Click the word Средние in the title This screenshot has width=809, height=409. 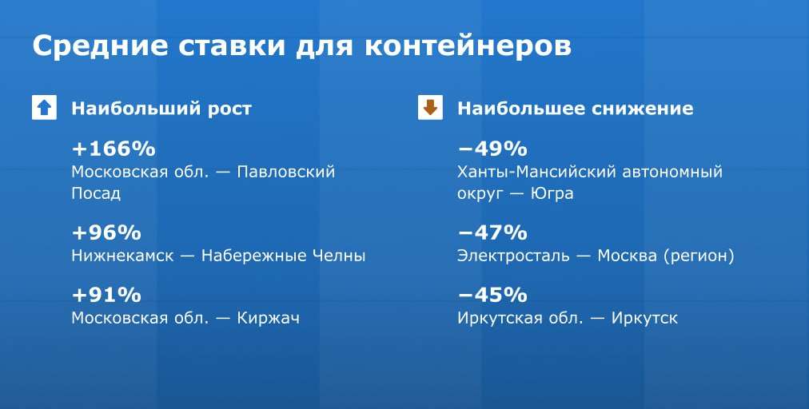(x=100, y=46)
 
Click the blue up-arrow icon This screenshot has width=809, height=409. (x=45, y=108)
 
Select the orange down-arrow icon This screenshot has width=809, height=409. (x=430, y=108)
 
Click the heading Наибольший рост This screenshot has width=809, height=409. (x=161, y=109)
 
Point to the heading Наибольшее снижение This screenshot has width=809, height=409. (x=576, y=109)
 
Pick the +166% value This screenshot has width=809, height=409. (x=114, y=149)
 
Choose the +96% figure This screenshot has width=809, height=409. (x=106, y=232)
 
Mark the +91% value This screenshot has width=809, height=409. (x=106, y=296)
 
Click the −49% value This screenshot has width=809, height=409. (x=492, y=149)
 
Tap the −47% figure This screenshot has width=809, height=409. (x=492, y=232)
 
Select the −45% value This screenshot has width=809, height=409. (x=492, y=296)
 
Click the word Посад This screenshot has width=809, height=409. (x=96, y=193)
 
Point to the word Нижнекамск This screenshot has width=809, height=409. (x=122, y=256)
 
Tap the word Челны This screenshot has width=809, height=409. (x=339, y=256)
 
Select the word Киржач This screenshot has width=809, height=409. (x=269, y=317)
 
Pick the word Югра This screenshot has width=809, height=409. (x=552, y=193)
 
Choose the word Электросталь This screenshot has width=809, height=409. (x=513, y=256)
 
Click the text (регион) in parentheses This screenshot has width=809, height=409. (x=699, y=256)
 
